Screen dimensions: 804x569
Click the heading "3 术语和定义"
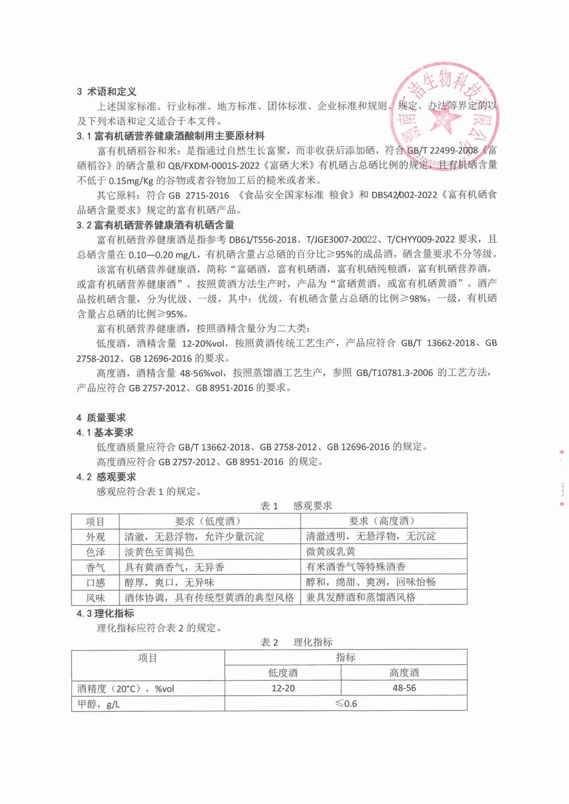click(x=106, y=92)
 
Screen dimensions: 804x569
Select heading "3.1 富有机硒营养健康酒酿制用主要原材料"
click(x=171, y=136)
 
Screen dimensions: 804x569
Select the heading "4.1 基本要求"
click(x=105, y=432)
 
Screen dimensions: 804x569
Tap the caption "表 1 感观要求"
click(x=296, y=506)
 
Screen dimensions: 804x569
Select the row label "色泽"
click(x=96, y=552)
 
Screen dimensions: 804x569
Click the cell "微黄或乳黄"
click(x=331, y=552)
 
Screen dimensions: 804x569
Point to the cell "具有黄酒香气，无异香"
click(x=174, y=567)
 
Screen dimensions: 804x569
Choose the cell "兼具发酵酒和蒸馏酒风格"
click(x=361, y=598)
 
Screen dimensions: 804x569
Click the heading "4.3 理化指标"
click(x=106, y=614)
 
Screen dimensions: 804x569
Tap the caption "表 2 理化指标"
click(x=296, y=643)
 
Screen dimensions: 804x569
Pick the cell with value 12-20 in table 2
click(x=283, y=689)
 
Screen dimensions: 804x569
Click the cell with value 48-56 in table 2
click(x=404, y=689)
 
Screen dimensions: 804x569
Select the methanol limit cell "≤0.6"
click(x=346, y=704)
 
